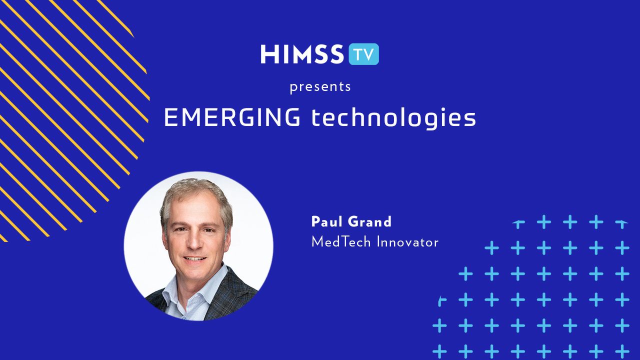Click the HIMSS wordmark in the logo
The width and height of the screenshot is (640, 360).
click(x=302, y=54)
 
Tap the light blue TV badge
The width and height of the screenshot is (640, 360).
click(x=363, y=54)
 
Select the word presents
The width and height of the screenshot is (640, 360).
click(x=320, y=87)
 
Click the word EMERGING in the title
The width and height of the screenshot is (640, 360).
click(x=232, y=117)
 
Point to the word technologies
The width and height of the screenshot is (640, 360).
click(x=393, y=118)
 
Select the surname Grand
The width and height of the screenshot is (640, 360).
click(x=369, y=221)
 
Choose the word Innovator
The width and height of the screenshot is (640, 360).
click(x=407, y=242)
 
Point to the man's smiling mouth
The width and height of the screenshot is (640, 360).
click(x=194, y=259)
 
